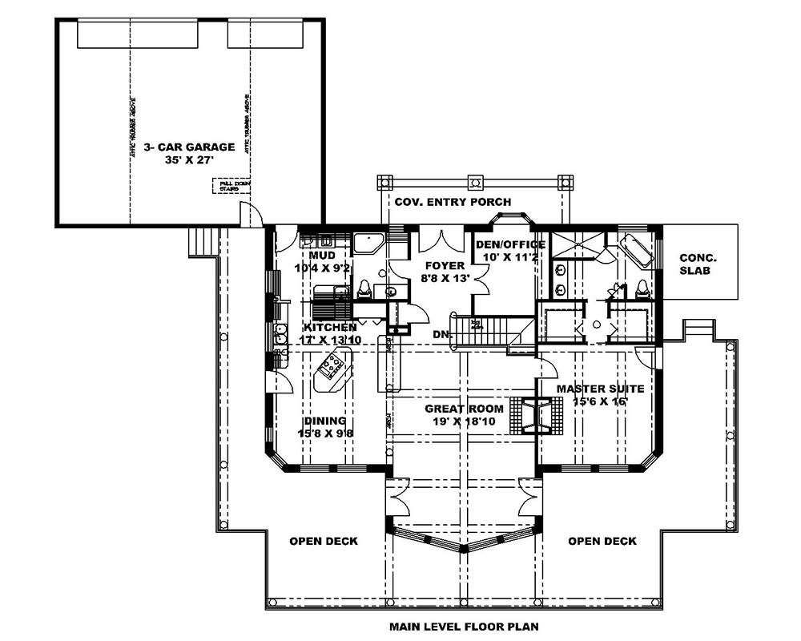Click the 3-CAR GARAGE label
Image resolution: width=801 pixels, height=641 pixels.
(x=189, y=147)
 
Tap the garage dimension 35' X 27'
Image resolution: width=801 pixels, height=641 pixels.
(x=189, y=160)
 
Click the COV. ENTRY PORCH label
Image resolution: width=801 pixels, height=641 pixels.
(x=453, y=202)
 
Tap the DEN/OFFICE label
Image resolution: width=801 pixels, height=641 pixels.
(x=510, y=244)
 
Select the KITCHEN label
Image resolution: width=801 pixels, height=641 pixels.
(x=330, y=328)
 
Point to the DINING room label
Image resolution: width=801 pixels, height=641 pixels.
(x=324, y=421)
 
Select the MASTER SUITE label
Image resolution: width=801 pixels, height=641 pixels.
(x=600, y=389)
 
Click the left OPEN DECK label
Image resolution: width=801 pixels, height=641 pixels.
(x=324, y=541)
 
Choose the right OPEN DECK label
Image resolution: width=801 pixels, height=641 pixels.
(x=602, y=541)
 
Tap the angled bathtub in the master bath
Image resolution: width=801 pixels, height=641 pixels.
(x=638, y=248)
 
